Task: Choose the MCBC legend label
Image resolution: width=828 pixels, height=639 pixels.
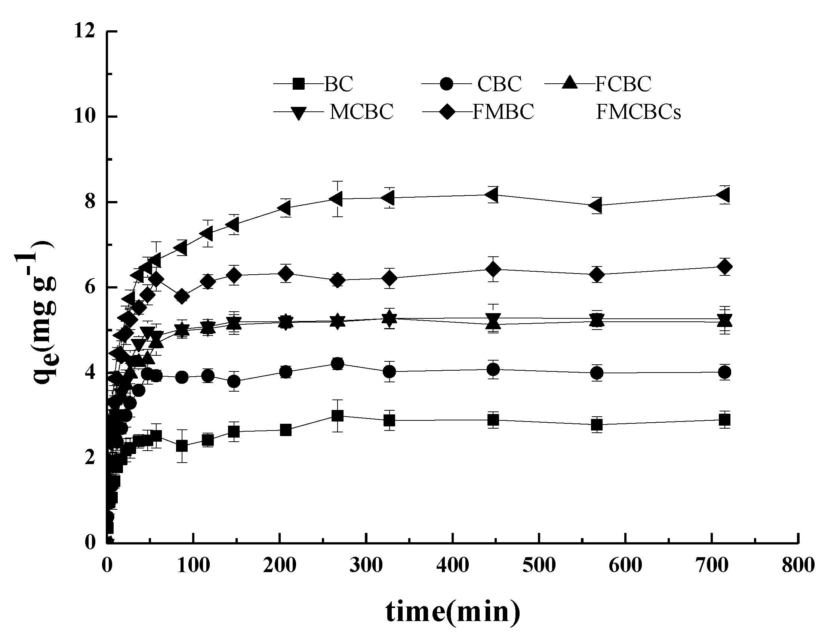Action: (x=361, y=112)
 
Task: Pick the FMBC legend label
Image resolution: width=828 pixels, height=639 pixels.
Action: (x=503, y=112)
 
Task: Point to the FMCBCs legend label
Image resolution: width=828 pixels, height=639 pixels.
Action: (x=638, y=112)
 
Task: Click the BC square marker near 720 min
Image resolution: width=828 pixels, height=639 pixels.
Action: (x=724, y=420)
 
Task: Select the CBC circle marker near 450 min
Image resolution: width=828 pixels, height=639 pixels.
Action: (x=493, y=369)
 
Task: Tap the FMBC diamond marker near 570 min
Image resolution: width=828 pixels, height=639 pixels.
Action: (x=597, y=274)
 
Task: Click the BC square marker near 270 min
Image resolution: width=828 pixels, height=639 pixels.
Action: (x=338, y=416)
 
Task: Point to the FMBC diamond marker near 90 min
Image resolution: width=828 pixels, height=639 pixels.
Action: (x=182, y=296)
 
